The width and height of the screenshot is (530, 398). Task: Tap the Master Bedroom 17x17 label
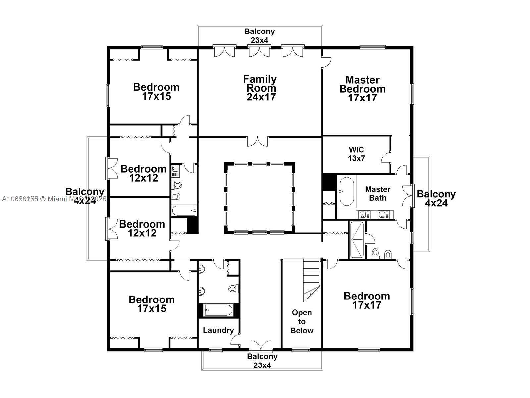pyautogui.click(x=362, y=89)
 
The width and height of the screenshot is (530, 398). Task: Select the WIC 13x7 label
pyautogui.click(x=356, y=154)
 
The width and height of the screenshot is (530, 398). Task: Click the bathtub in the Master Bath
pyautogui.click(x=346, y=192)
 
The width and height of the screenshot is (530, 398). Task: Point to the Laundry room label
pyautogui.click(x=218, y=330)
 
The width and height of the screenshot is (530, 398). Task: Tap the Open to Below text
pyautogui.click(x=302, y=321)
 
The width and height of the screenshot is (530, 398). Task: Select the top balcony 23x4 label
pyautogui.click(x=259, y=35)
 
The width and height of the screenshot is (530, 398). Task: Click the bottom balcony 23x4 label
pyautogui.click(x=262, y=361)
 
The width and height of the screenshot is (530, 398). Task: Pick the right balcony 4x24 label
pyautogui.click(x=436, y=198)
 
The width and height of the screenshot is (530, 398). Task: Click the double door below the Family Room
pyautogui.click(x=258, y=141)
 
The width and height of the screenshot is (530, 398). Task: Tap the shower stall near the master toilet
pyautogui.click(x=357, y=240)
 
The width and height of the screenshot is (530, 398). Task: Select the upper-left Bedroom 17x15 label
pyautogui.click(x=156, y=92)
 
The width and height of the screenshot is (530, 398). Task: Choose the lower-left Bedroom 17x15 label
pyautogui.click(x=151, y=304)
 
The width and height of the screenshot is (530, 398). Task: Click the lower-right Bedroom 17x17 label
pyautogui.click(x=367, y=300)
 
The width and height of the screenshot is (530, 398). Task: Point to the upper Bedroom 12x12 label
pyautogui.click(x=143, y=173)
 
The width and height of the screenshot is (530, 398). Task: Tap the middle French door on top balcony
pyautogui.click(x=259, y=51)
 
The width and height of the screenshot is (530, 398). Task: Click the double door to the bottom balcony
pyautogui.click(x=261, y=346)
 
